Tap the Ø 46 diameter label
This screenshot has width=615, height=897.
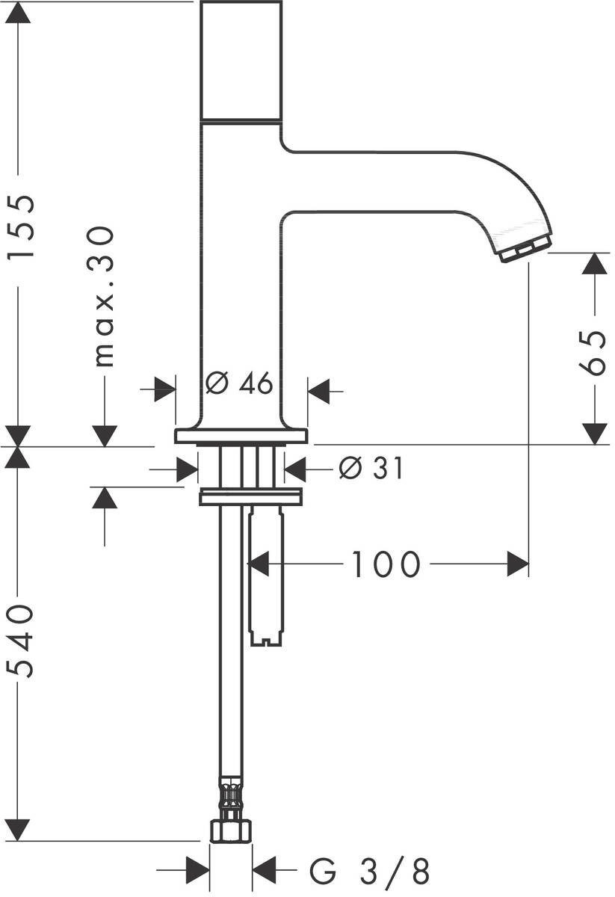(x=238, y=384)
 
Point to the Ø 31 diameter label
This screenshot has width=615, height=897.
(x=371, y=469)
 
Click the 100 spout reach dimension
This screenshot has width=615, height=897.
(x=386, y=565)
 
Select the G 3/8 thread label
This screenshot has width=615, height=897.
(x=370, y=872)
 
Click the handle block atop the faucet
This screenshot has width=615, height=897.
(x=241, y=60)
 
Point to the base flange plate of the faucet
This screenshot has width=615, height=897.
(x=241, y=436)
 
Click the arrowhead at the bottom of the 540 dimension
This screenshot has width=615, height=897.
(x=18, y=829)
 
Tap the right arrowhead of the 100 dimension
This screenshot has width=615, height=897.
(x=518, y=564)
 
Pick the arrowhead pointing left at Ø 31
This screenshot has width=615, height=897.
(x=296, y=469)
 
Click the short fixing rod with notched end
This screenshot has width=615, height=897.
(x=267, y=576)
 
